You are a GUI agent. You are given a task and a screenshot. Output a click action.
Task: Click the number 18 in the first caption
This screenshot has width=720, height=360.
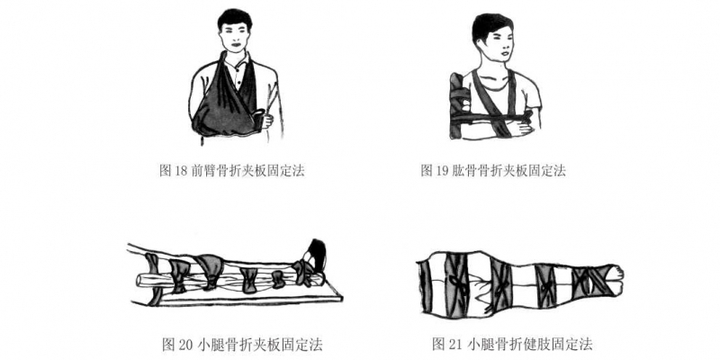coord(181,171)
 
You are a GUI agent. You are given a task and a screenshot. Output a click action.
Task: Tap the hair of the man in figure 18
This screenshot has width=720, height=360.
coord(235,18)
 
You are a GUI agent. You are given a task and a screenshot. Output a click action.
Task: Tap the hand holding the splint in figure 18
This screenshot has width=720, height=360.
coord(265,120)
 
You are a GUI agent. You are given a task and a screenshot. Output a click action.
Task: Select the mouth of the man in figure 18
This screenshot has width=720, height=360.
coord(236,45)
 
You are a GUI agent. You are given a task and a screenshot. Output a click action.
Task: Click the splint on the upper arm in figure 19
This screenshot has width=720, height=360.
coord(457,106)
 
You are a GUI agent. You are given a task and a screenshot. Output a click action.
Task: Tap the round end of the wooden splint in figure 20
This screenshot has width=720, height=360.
coord(141,281)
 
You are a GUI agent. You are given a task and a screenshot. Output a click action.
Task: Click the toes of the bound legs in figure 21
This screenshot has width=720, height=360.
coord(617,273)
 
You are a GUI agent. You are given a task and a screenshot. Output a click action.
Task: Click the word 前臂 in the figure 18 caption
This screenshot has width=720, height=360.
coord(202,171)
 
